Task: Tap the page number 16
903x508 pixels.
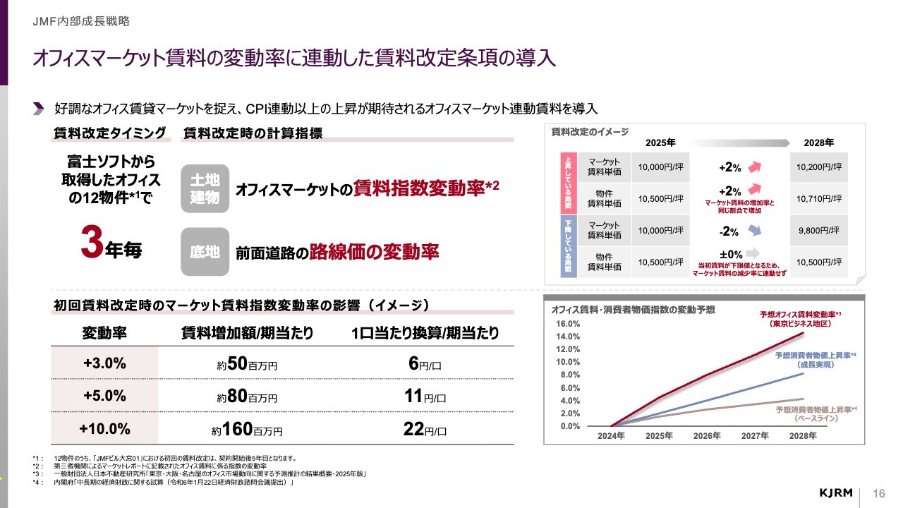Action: (x=879, y=492)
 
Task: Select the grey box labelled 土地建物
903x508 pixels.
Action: (x=205, y=189)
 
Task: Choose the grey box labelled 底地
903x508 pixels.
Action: (x=205, y=252)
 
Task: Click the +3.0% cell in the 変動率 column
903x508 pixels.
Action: (x=104, y=363)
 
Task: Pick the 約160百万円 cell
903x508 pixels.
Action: (x=247, y=429)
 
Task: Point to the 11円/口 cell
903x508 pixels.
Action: (x=425, y=397)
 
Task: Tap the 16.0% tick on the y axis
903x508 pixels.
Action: (x=569, y=324)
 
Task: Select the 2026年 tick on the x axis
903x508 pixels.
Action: (x=707, y=436)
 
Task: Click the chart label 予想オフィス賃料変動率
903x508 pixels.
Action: (x=798, y=314)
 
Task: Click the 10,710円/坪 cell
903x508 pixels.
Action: (x=819, y=200)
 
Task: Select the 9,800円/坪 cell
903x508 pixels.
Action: (x=819, y=230)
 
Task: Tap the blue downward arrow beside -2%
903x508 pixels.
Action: (x=755, y=230)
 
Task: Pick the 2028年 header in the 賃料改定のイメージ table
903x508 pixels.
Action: (x=819, y=142)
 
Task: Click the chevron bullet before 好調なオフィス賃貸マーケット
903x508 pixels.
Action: (x=39, y=108)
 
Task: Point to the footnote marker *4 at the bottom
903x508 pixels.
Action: (x=36, y=483)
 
